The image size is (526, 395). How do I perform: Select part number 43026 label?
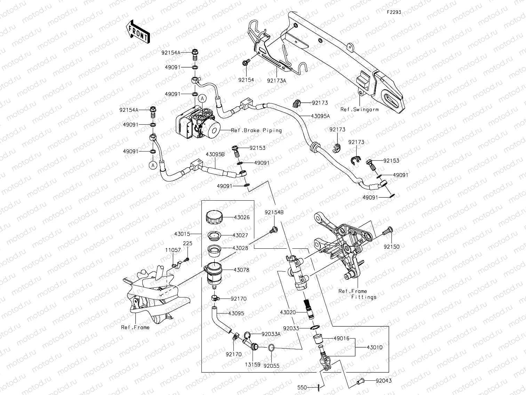coord(241,217)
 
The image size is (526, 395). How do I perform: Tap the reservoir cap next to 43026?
coord(214,217)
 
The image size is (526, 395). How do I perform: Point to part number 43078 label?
coord(241,270)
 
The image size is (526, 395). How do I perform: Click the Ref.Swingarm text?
coord(359,109)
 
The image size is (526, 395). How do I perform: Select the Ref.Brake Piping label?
coord(256,130)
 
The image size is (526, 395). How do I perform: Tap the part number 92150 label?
coord(391,247)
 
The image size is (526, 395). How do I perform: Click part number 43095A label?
coord(320,116)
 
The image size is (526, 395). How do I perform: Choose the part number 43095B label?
coord(215,154)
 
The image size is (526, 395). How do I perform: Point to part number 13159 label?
coord(252,366)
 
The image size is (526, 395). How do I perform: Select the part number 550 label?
coord(302,387)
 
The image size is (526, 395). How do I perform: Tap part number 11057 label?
coord(173,250)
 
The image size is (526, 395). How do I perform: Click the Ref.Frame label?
coord(135,327)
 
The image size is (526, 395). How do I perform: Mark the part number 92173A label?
coord(277,80)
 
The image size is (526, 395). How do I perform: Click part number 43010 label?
coord(374,347)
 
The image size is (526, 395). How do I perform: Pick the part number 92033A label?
coord(271,334)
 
